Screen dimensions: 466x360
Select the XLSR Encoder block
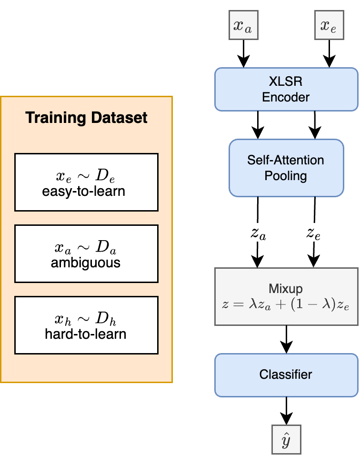coord(286,90)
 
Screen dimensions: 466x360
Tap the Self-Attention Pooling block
coord(286,168)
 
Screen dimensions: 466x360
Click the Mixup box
coord(286,297)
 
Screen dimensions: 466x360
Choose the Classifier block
coord(286,375)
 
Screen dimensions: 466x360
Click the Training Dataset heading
coord(86,118)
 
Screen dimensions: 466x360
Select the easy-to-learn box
coord(86,182)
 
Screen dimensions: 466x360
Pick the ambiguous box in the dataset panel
coord(86,253)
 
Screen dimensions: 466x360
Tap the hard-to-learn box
coord(86,325)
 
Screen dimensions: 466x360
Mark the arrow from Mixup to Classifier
coord(286,339)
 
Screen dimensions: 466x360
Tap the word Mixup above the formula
coord(286,289)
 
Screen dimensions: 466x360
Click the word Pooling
coord(286,176)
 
